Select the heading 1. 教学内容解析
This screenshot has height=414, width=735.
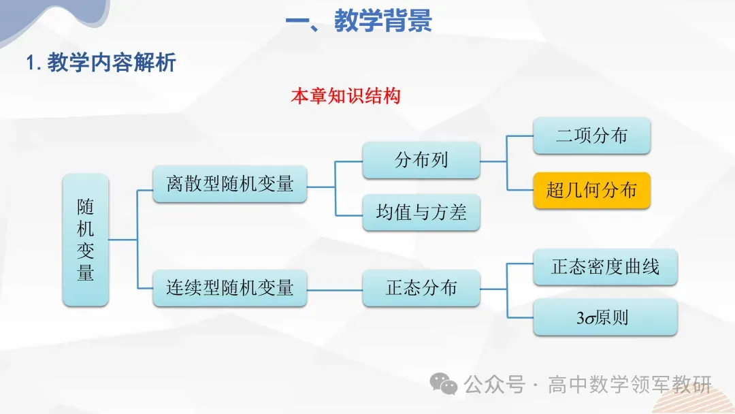pos(101,63)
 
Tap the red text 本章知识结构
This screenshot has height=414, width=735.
pos(346,96)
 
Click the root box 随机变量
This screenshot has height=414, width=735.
pos(86,240)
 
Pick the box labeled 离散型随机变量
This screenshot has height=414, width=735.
pos(230,184)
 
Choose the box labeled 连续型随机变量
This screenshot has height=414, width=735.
pos(230,287)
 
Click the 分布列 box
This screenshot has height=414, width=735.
pos(421,160)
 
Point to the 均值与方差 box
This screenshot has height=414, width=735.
pos(421,212)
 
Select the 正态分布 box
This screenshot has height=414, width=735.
pos(421,287)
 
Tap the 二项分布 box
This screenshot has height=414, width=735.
pos(591,136)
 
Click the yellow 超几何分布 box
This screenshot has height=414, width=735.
pos(591,190)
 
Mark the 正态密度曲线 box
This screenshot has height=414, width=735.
pos(605,266)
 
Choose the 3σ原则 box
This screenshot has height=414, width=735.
pos(605,317)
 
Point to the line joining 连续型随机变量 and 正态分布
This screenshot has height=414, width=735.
pos(334,288)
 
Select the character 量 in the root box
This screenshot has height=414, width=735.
pos(86,273)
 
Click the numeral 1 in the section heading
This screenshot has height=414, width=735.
pos(30,63)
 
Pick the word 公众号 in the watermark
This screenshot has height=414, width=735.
pos(495,385)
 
